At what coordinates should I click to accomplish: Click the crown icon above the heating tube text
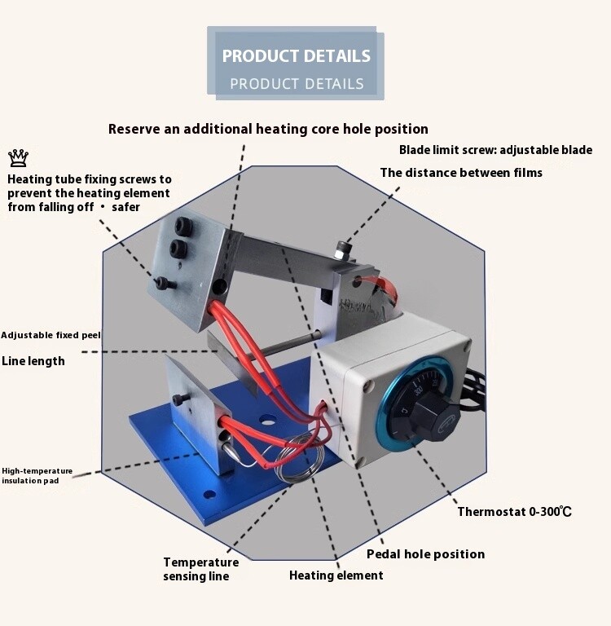click(17, 157)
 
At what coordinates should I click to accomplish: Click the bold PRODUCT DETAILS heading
click(296, 56)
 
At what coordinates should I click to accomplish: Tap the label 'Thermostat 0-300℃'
click(514, 512)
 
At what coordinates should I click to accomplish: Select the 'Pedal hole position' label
click(425, 554)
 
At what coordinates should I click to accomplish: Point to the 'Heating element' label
click(336, 575)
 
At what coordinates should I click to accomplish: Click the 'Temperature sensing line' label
click(200, 569)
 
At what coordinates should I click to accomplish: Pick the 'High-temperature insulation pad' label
click(37, 476)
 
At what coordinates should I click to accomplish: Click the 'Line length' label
click(33, 361)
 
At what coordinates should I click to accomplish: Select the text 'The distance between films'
click(461, 173)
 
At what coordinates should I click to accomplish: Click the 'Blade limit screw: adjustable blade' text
click(495, 150)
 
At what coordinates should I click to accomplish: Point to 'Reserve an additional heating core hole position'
click(268, 129)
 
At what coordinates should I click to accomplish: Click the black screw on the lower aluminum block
click(182, 399)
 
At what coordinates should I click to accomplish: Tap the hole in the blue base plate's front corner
click(211, 494)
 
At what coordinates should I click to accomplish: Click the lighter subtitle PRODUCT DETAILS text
click(297, 83)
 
